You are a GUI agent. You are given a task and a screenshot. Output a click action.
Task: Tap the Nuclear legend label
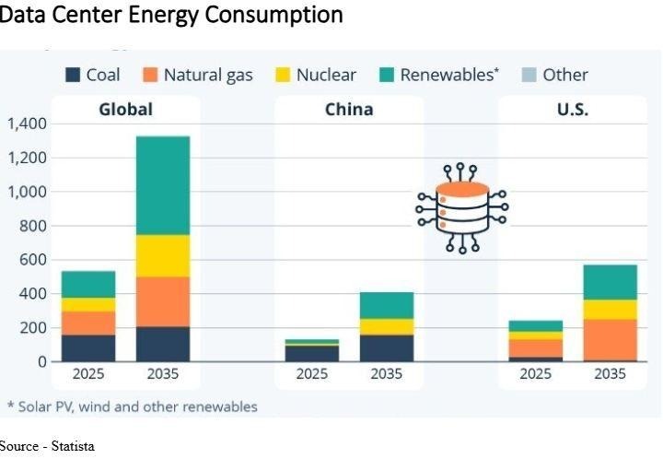point(326,75)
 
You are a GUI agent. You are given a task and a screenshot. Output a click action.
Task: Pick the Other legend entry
point(564,75)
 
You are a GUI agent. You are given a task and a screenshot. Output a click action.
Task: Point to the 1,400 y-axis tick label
point(25,124)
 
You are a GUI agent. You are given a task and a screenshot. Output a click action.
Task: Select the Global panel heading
point(126,110)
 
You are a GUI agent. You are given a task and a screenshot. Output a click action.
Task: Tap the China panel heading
point(349,110)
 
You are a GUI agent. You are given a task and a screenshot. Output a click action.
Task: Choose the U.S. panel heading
point(572,110)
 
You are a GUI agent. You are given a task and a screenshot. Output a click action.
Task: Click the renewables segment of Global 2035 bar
point(163,185)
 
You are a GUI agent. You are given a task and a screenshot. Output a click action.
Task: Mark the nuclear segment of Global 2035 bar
point(163,255)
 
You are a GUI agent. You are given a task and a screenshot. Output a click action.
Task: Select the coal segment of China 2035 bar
point(387,347)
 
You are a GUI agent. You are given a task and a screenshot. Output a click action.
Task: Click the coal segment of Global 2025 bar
point(88,347)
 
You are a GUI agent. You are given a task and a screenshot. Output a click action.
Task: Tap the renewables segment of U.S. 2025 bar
point(535,325)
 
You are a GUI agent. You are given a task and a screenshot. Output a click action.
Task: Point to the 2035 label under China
point(387,374)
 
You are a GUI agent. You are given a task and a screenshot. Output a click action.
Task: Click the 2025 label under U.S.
point(535,374)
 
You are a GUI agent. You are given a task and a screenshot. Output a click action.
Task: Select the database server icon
point(461,208)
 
